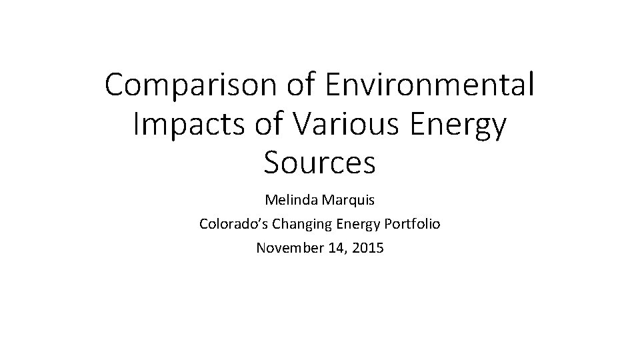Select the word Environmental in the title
(429, 85)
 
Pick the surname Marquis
(349, 200)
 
